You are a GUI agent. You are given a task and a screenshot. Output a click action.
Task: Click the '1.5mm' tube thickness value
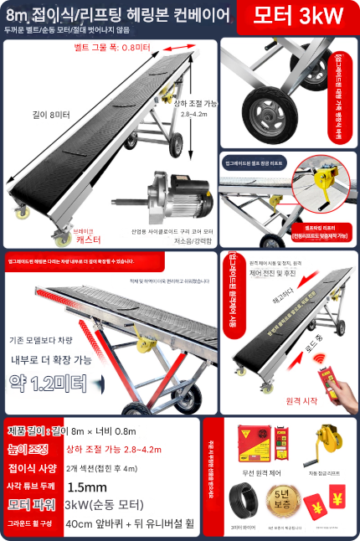click(x=86, y=487)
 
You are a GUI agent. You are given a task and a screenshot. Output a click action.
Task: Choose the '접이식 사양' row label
click(x=31, y=468)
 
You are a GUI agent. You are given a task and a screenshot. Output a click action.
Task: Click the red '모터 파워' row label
click(x=31, y=505)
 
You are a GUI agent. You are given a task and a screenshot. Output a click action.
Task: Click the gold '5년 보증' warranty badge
click(x=280, y=501)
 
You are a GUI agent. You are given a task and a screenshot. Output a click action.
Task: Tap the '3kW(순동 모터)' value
click(x=100, y=505)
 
